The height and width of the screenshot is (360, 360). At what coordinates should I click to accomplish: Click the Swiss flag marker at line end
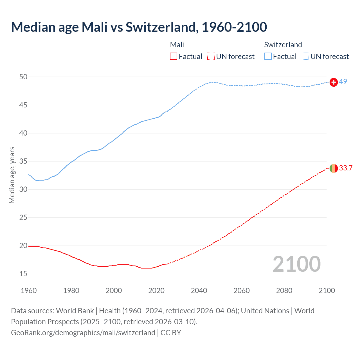pos(334,82)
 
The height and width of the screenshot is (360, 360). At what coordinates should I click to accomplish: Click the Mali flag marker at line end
pos(334,168)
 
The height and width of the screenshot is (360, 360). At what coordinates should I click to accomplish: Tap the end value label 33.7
pos(346,168)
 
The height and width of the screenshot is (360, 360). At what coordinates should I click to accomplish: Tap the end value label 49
pos(343,82)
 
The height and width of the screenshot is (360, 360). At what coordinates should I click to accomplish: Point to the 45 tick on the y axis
pos(23,105)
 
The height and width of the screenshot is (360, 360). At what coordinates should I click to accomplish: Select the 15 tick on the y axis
pos(23,274)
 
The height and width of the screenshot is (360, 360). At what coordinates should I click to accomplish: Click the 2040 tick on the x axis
pos(199,291)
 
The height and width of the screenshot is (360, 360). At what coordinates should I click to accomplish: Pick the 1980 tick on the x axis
pos(71,291)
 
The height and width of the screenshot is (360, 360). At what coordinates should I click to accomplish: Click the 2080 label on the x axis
pos(284,291)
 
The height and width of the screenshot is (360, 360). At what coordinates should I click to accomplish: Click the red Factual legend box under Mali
pos(174,57)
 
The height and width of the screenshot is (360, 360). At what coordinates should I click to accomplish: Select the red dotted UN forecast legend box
pos(211,57)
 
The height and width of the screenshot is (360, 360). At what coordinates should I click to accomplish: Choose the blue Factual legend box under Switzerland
pos(268,57)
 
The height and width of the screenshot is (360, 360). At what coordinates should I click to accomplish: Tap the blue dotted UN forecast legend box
pos(305,57)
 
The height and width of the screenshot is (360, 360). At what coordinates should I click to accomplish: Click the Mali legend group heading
pos(177,45)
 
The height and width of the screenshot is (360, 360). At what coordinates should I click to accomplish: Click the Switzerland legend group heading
pos(283,45)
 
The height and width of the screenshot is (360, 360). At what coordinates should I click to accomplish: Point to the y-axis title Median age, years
pos(12,175)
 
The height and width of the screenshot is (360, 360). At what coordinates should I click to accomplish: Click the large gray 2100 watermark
pos(296,264)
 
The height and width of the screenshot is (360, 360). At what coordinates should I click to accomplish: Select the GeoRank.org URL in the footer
pos(83,333)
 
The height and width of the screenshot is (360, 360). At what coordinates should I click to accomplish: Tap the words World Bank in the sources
pos(75,311)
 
